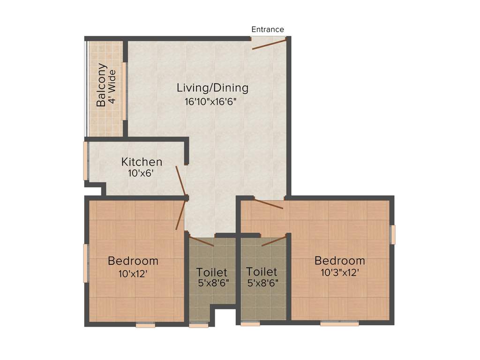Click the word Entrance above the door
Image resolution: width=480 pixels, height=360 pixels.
pyautogui.click(x=268, y=30)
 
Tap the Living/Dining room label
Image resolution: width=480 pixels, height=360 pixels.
pyautogui.click(x=212, y=88)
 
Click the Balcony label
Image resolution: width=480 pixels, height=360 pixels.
pyautogui.click(x=101, y=85)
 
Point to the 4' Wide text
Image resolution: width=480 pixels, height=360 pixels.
pyautogui.click(x=112, y=88)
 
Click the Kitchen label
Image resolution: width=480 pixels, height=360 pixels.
pyautogui.click(x=142, y=162)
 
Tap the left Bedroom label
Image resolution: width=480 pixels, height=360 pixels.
pyautogui.click(x=133, y=261)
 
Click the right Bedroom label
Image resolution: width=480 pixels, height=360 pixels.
pyautogui.click(x=339, y=261)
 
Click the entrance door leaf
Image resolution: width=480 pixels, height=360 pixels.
pyautogui.click(x=269, y=44)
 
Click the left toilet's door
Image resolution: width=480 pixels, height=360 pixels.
pyautogui.click(x=201, y=240)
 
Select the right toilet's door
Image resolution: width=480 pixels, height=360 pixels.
pyautogui.click(x=274, y=240)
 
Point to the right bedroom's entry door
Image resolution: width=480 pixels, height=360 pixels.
pyautogui.click(x=269, y=204)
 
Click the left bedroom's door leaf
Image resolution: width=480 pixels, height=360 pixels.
pyautogui.click(x=180, y=214)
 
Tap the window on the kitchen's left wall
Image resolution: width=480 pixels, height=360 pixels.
pyautogui.click(x=86, y=161)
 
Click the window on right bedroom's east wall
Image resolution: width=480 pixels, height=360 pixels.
pyautogui.click(x=393, y=234)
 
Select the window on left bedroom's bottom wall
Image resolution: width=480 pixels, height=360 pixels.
pyautogui.click(x=145, y=325)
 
